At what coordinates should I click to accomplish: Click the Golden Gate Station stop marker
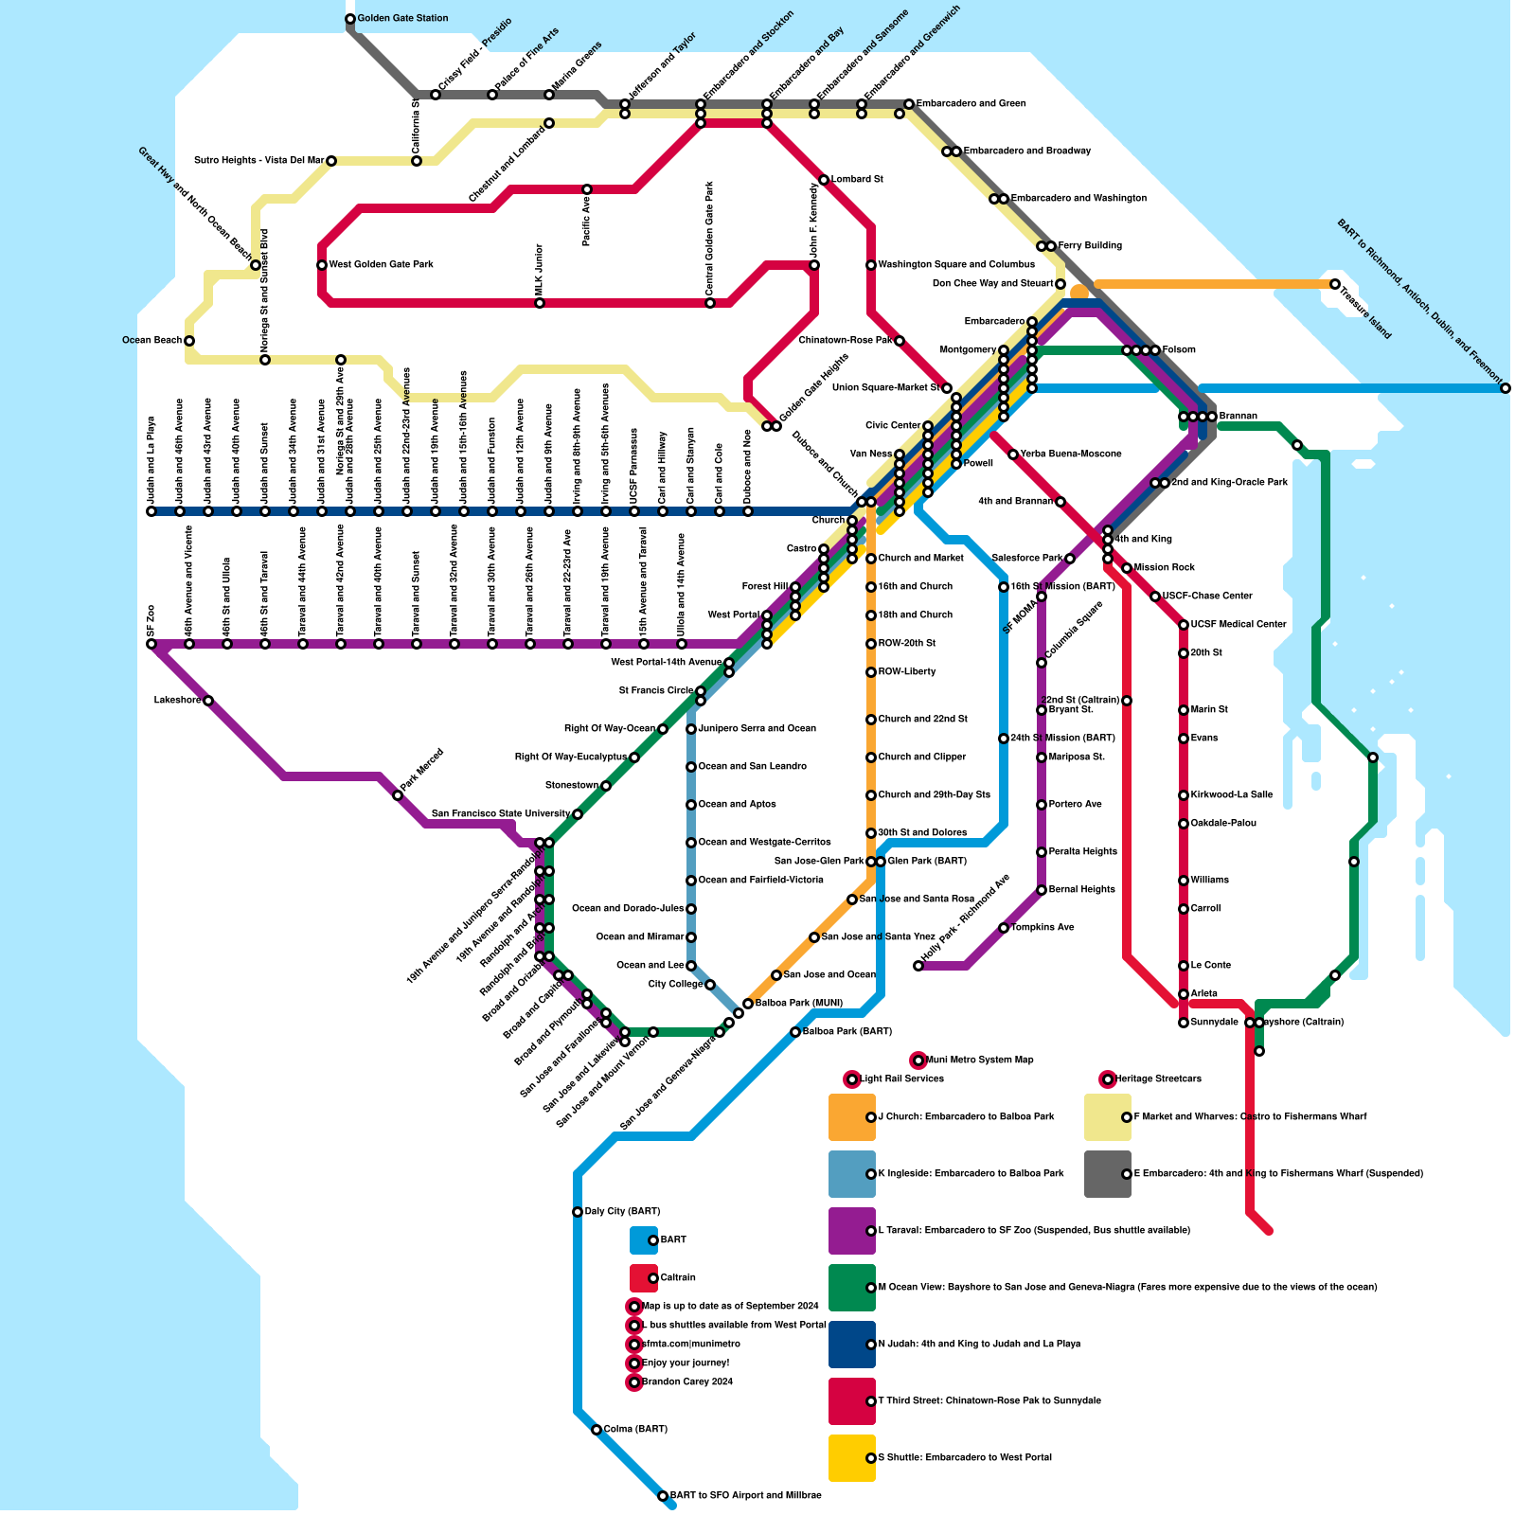350,19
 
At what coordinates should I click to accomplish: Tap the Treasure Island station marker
1335,284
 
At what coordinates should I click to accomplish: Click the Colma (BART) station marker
597,1430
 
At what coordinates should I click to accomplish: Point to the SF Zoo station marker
151,644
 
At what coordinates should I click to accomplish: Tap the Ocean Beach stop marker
189,341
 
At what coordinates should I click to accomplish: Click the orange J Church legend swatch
851,1117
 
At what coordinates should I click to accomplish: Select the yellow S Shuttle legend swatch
851,1458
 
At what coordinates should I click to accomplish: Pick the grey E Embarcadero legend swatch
1107,1174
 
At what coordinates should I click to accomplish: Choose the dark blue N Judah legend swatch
851,1345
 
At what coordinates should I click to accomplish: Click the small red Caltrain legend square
644,1278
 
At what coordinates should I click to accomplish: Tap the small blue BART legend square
644,1240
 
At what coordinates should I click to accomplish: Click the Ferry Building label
1090,246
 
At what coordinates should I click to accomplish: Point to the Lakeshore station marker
208,701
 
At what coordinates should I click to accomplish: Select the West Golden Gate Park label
381,265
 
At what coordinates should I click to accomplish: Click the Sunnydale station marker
1184,1023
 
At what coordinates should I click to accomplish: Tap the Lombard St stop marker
824,180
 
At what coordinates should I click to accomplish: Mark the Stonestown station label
571,786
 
